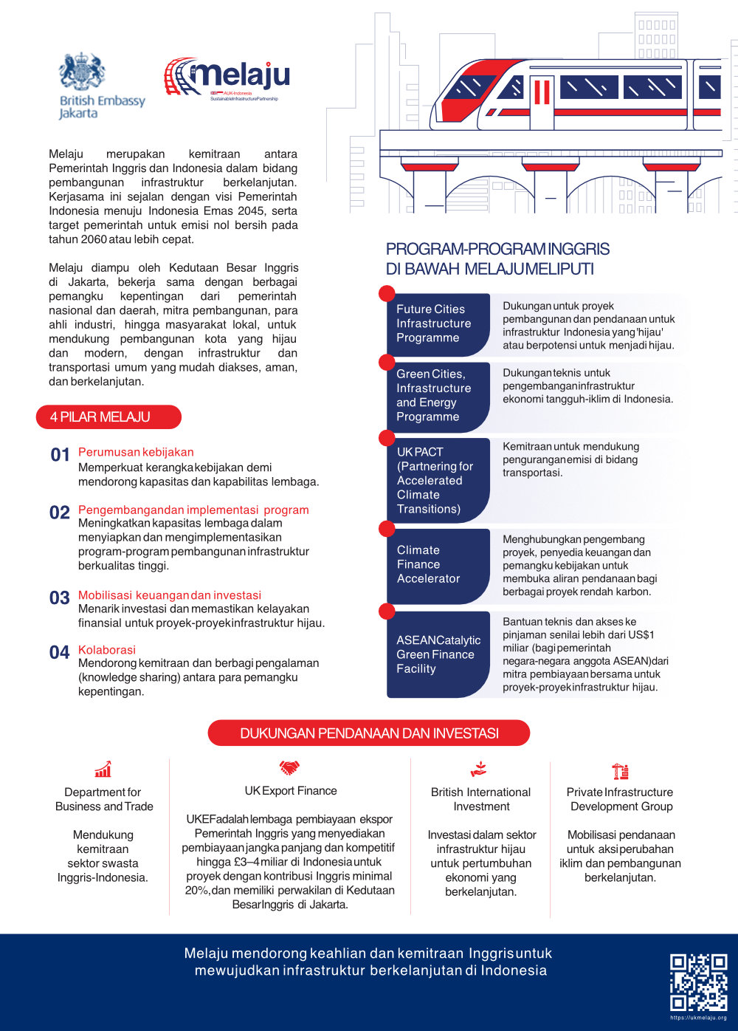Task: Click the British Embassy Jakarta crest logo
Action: (x=83, y=72)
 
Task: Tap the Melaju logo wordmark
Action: (x=227, y=77)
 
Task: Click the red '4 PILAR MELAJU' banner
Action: (x=108, y=417)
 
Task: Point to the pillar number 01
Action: (x=60, y=455)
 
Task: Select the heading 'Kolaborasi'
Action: (x=107, y=650)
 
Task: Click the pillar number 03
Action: (x=60, y=598)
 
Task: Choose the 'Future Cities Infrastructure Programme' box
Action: (x=438, y=324)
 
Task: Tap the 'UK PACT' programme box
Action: (x=438, y=480)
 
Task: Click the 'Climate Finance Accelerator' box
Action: (x=438, y=565)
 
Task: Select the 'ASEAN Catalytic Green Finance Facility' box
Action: (x=438, y=654)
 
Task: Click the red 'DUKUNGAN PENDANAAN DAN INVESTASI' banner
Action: (x=369, y=733)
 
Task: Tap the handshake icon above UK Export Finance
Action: (x=289, y=768)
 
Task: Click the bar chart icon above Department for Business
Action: (x=103, y=770)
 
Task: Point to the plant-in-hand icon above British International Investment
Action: (x=479, y=770)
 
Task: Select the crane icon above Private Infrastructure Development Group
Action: (x=621, y=771)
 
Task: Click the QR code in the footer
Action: (x=698, y=982)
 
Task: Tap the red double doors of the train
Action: (x=542, y=92)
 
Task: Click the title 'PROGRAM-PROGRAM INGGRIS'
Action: (x=498, y=249)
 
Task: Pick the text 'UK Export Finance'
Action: (x=291, y=791)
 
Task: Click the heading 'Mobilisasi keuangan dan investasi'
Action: (x=170, y=595)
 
